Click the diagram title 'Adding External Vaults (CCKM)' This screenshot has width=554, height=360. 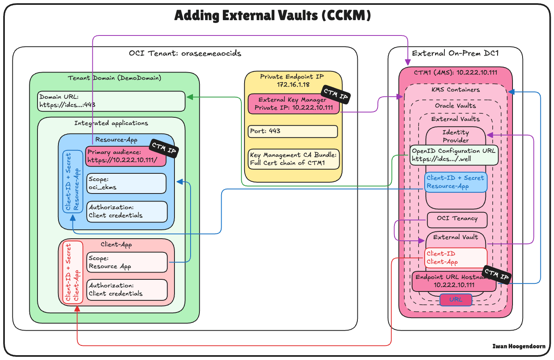pos(272,16)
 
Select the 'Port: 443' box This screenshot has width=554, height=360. pos(293,131)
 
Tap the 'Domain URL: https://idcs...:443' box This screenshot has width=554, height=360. pos(112,101)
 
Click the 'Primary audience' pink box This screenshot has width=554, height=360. pos(125,156)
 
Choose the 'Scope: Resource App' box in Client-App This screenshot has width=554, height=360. pos(127,262)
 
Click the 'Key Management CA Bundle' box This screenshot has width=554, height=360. pos(293,159)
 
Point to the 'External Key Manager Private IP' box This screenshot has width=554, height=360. pos(293,104)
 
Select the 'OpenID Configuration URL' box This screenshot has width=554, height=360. pos(454,155)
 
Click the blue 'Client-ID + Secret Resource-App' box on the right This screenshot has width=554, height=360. pos(456,182)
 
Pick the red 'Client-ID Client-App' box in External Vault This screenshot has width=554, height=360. pos(456,258)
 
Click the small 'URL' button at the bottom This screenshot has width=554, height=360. pos(456,300)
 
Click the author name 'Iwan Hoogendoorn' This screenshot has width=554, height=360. pos(519,346)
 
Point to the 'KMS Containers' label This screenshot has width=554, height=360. pos(456,90)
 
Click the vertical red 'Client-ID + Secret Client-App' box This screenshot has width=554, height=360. pos(73,273)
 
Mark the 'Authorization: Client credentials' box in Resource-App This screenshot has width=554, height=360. pos(127,212)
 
